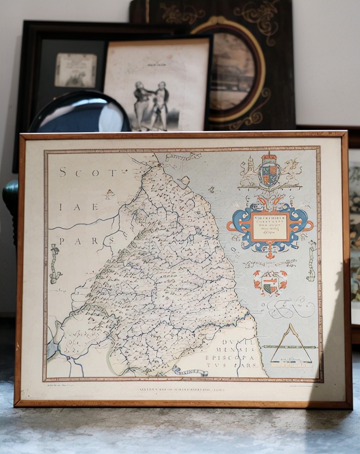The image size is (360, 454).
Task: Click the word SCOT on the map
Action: point(88,172)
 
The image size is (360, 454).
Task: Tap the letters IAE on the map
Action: point(79,206)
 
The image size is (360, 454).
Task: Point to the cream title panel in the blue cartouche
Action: point(270,226)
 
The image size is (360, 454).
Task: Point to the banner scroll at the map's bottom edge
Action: point(191,371)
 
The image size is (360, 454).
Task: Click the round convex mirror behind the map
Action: point(80,113)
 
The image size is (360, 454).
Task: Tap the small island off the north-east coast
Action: point(185,180)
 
